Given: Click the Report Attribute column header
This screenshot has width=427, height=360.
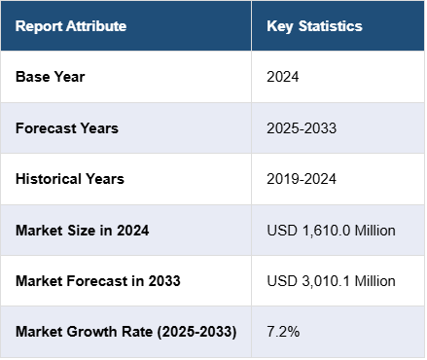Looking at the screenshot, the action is point(71,26).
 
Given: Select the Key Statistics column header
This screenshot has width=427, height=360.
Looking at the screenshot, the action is point(314,26).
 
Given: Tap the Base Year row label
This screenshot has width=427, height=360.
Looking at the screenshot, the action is point(51,77).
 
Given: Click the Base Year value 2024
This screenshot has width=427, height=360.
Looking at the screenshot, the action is point(282,77).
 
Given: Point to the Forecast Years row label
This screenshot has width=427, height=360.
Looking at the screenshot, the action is point(67,128).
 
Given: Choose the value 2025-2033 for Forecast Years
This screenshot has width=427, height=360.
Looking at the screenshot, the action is point(302,128).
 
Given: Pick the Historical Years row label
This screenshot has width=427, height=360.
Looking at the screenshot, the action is point(70,179).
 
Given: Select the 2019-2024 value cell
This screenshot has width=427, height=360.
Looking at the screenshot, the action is point(302,179).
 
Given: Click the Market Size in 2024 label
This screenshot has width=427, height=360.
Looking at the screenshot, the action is point(83,231).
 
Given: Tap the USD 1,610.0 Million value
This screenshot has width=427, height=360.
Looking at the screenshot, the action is point(331,231).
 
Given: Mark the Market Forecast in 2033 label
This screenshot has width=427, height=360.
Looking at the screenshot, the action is point(98,281).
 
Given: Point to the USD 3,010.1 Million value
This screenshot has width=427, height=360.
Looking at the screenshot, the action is point(331,281).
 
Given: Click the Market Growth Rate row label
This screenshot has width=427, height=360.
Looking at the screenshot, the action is point(126,332).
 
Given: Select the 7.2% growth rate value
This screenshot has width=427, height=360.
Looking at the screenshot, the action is point(283,332).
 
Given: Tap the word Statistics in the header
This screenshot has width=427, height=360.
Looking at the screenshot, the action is point(330,26).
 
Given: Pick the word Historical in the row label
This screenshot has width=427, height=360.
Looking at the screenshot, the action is point(49,179).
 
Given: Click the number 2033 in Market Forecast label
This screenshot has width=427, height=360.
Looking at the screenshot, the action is point(164,281).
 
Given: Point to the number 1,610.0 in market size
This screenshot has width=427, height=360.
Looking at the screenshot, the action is point(326,231).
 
